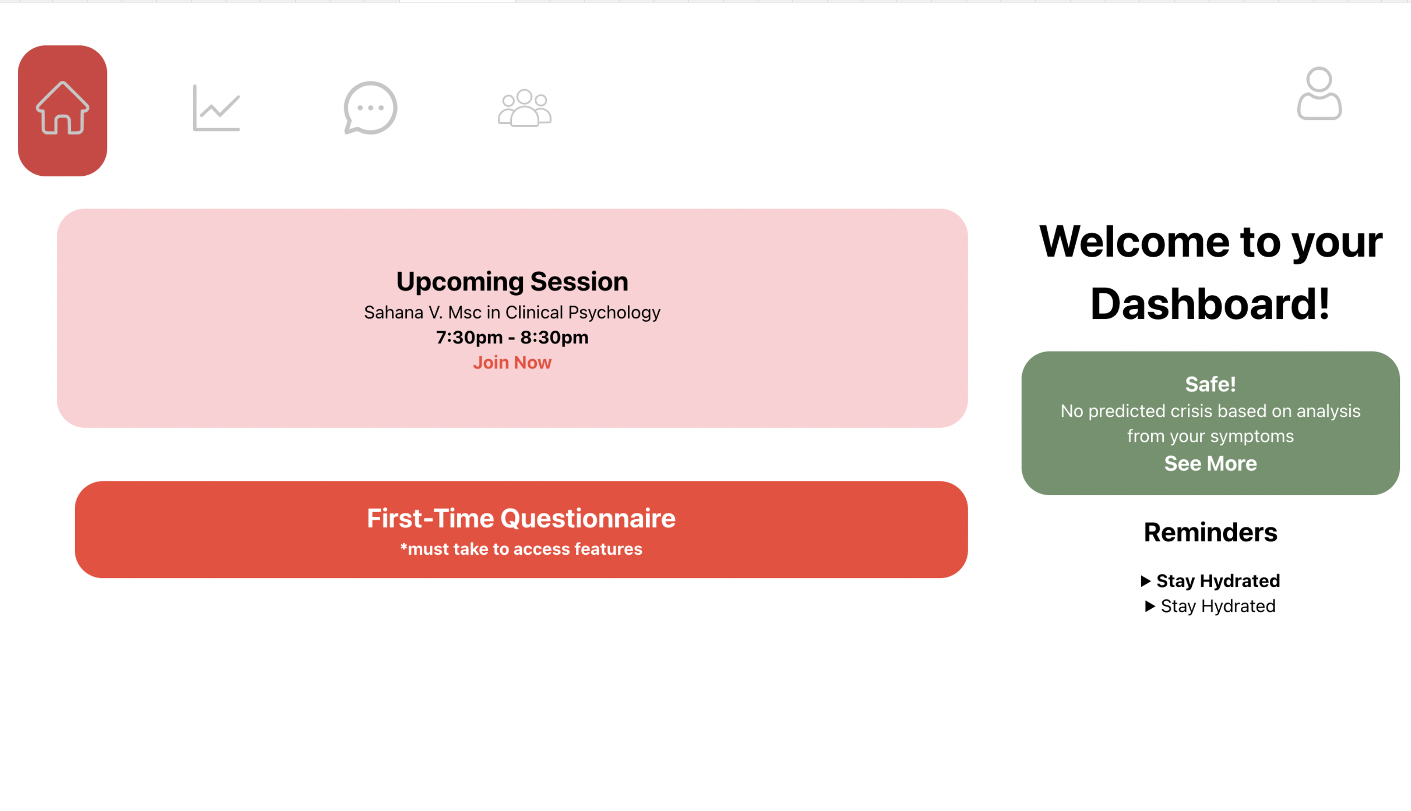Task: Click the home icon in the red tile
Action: pyautogui.click(x=63, y=109)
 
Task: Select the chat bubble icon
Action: pyautogui.click(x=370, y=108)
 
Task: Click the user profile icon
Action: pyautogui.click(x=1319, y=93)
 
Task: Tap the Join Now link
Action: pyautogui.click(x=512, y=363)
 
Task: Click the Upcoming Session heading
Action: pyautogui.click(x=512, y=281)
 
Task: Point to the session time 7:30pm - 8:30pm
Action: pyautogui.click(x=512, y=338)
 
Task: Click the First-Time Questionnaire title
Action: pyautogui.click(x=521, y=518)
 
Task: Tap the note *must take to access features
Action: pyautogui.click(x=521, y=549)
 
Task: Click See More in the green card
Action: pyautogui.click(x=1211, y=463)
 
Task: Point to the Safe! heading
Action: pyautogui.click(x=1211, y=384)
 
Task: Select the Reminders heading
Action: pyautogui.click(x=1211, y=533)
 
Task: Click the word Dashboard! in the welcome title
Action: pyautogui.click(x=1211, y=304)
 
